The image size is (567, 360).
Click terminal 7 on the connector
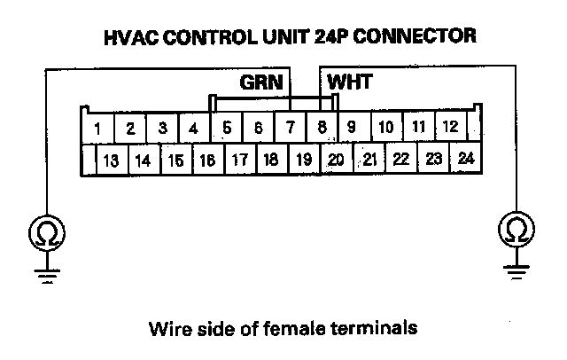[290, 128]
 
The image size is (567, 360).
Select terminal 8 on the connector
[322, 128]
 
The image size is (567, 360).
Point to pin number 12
[449, 127]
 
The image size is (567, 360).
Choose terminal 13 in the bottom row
[111, 161]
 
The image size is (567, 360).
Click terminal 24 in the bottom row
[466, 160]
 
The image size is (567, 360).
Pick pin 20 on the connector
[337, 160]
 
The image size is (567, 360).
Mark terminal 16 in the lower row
[206, 161]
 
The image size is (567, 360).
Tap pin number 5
[227, 128]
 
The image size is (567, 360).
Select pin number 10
[385, 127]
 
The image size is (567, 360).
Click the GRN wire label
[261, 82]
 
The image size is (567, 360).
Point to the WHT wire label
[350, 82]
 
